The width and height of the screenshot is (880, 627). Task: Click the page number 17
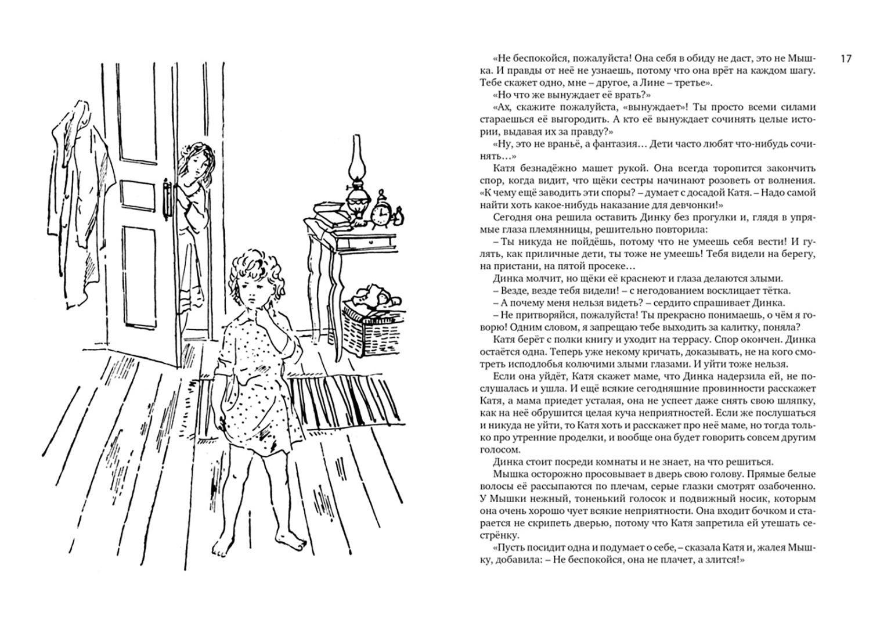(x=845, y=59)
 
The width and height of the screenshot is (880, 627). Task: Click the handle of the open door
(x=168, y=201)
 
